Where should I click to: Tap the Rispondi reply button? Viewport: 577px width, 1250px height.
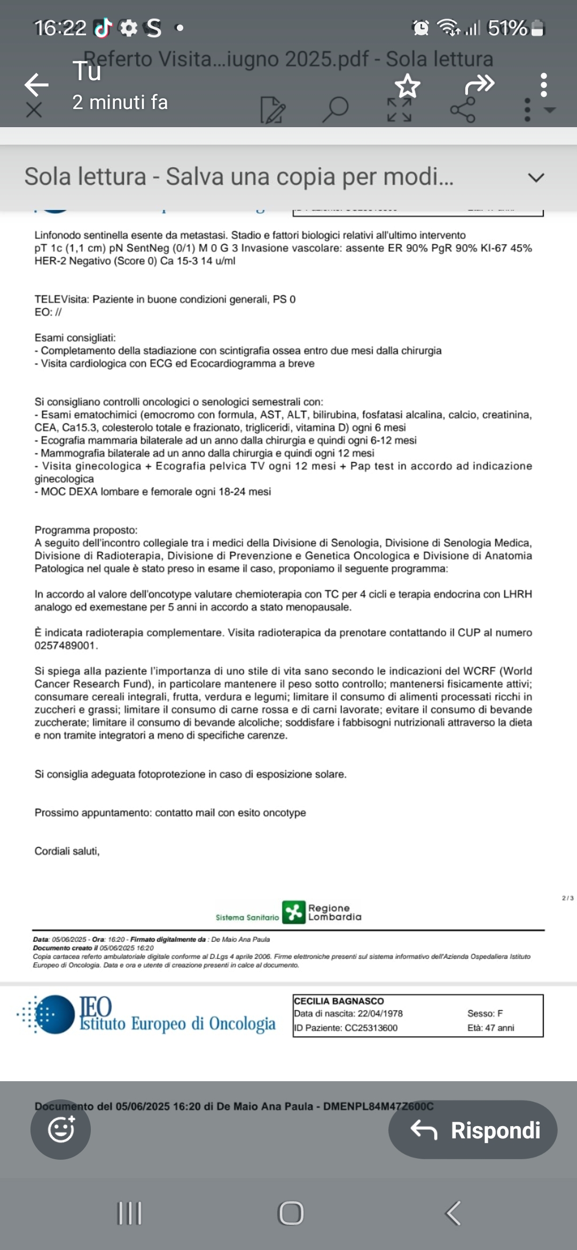pyautogui.click(x=473, y=1130)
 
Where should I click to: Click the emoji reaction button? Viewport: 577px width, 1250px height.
pyautogui.click(x=60, y=1129)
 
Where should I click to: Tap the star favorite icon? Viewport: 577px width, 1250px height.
pyautogui.click(x=407, y=86)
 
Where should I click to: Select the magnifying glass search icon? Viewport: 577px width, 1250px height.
pyautogui.click(x=336, y=109)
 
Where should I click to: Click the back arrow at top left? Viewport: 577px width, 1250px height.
pyautogui.click(x=36, y=84)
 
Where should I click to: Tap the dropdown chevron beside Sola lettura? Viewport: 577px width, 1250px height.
pyautogui.click(x=535, y=177)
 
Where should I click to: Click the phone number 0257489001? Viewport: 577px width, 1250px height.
pyautogui.click(x=65, y=645)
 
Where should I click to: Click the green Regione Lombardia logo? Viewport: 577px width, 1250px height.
pyautogui.click(x=293, y=912)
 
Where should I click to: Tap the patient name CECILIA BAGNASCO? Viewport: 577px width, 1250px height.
pyautogui.click(x=339, y=1001)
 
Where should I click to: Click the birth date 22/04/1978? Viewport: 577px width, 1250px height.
pyautogui.click(x=380, y=1013)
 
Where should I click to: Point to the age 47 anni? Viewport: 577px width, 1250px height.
pyautogui.click(x=499, y=1028)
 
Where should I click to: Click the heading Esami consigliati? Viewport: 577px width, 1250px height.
pyautogui.click(x=75, y=338)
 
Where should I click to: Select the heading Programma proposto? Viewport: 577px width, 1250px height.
pyautogui.click(x=85, y=530)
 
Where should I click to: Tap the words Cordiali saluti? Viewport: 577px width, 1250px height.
pyautogui.click(x=67, y=851)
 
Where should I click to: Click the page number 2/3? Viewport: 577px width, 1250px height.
pyautogui.click(x=567, y=898)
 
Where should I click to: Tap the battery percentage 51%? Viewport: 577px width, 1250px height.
pyautogui.click(x=507, y=28)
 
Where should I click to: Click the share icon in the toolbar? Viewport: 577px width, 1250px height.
pyautogui.click(x=462, y=110)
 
